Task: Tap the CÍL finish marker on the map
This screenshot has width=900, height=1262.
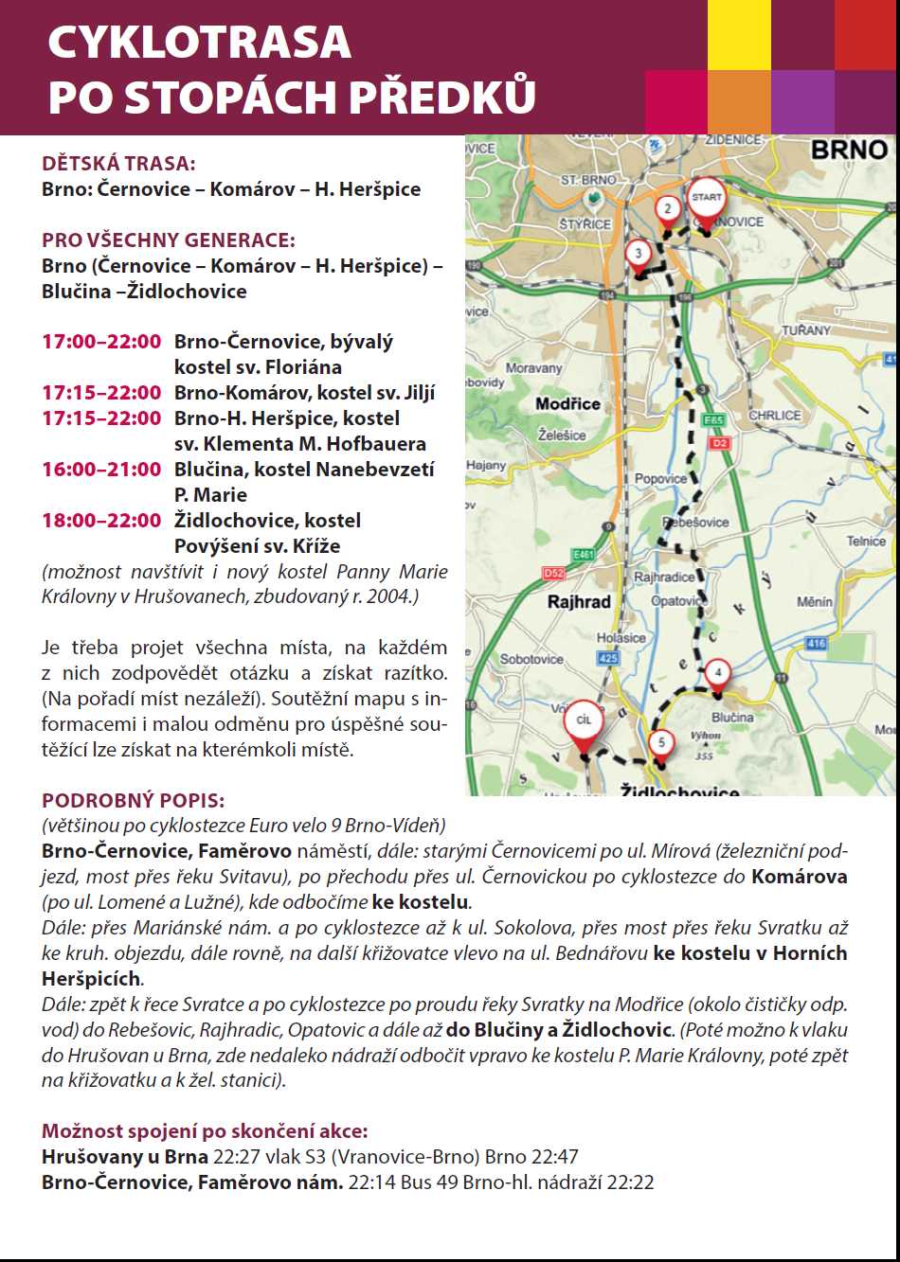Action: click(584, 721)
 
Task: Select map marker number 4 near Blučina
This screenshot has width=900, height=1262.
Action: click(718, 673)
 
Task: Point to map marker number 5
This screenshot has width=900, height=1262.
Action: click(661, 743)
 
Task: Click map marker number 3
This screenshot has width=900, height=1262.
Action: click(639, 254)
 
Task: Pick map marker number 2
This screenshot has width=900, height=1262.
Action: click(668, 209)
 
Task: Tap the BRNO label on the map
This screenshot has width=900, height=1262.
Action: click(849, 150)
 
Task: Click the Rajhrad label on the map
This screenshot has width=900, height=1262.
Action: click(579, 601)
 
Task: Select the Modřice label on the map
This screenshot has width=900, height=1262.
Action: click(567, 404)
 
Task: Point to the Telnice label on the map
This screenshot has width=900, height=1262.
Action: click(866, 542)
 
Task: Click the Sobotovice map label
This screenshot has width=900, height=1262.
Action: click(531, 659)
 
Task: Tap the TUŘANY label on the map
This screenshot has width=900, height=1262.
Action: click(805, 330)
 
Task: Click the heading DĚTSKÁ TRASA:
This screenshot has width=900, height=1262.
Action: click(118, 164)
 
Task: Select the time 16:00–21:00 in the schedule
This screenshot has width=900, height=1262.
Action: click(101, 470)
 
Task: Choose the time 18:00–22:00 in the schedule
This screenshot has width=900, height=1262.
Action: click(101, 521)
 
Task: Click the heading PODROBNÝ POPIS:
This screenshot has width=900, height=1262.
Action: click(134, 800)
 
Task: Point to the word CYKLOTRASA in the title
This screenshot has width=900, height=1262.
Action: click(199, 43)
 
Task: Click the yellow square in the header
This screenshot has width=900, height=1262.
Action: click(739, 35)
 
